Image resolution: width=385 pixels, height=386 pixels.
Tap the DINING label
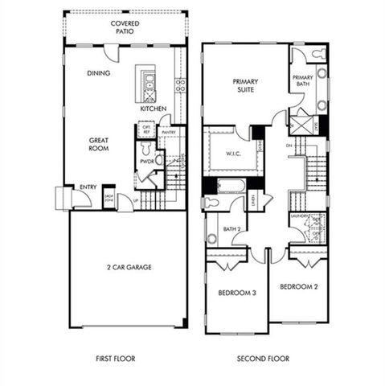click(99, 74)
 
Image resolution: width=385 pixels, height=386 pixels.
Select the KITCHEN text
click(153, 109)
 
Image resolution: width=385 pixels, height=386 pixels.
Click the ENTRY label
click(88, 187)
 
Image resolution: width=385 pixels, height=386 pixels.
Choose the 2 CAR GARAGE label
click(128, 267)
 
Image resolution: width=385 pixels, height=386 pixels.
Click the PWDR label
click(146, 161)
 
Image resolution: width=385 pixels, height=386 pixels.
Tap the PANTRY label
click(169, 132)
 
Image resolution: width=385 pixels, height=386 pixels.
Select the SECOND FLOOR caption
click(263, 359)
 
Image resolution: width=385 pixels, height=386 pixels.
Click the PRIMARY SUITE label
click(245, 86)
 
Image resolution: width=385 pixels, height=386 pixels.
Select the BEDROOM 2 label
click(299, 286)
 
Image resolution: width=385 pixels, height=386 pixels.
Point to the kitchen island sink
click(149, 80)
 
